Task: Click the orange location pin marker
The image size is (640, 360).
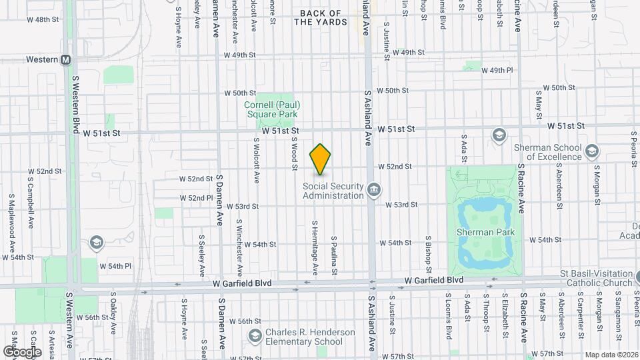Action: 321,159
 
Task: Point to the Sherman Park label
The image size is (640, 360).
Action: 485,231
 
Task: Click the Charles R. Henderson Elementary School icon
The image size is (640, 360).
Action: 254,335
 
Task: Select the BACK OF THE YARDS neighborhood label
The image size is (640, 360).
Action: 321,17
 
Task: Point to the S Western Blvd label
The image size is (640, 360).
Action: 75,101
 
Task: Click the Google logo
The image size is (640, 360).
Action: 22,351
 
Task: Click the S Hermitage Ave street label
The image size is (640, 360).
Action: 315,247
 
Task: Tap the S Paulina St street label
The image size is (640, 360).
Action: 334,255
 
